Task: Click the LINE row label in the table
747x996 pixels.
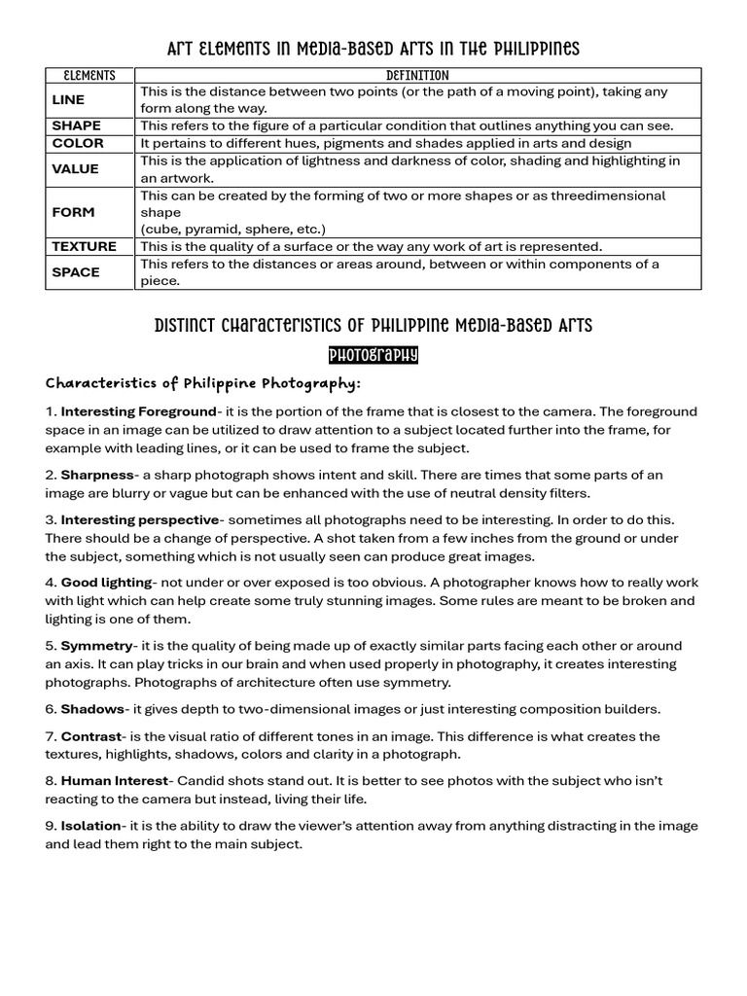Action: (68, 99)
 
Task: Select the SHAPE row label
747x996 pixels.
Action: (76, 125)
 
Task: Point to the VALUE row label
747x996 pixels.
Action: (75, 169)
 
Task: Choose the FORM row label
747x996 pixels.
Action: (73, 212)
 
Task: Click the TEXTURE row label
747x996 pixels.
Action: (84, 246)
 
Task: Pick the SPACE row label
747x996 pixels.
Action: (76, 272)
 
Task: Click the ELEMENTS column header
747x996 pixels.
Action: (89, 75)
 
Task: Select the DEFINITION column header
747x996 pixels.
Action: (417, 75)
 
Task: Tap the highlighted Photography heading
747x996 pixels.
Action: (373, 355)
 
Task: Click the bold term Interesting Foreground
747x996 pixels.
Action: (138, 411)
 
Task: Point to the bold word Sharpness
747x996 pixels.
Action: (97, 475)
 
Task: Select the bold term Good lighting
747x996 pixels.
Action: (106, 583)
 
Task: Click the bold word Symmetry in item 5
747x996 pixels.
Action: (96, 646)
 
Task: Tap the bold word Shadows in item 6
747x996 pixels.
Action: (92, 709)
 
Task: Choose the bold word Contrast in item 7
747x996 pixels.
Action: (92, 736)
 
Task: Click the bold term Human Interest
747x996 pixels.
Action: (115, 781)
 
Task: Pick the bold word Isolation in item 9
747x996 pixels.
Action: (91, 826)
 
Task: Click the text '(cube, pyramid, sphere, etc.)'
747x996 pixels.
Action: (233, 230)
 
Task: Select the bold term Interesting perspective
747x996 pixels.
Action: (141, 519)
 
